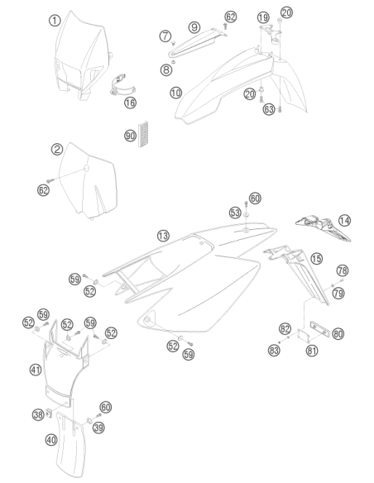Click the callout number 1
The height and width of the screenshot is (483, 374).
(55, 21)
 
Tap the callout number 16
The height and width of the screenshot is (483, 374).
(130, 103)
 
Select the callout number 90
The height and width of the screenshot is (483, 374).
(130, 136)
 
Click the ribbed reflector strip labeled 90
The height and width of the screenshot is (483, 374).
(143, 134)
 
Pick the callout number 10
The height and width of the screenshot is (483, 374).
(176, 93)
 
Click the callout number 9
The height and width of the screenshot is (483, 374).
(194, 27)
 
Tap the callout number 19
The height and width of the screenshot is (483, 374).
(263, 17)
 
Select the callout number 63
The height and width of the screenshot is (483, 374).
(269, 109)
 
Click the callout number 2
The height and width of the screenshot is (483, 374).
(57, 150)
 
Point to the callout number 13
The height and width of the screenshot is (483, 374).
(163, 237)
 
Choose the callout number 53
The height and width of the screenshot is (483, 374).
(235, 213)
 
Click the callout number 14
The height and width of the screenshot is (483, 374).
(344, 221)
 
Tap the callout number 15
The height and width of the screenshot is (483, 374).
(316, 259)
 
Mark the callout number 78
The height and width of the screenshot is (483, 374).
(343, 270)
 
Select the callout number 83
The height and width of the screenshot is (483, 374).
(274, 350)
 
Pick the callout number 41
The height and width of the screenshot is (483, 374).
(36, 370)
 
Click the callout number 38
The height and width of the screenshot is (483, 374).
(38, 414)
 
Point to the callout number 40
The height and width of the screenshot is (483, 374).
(51, 439)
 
